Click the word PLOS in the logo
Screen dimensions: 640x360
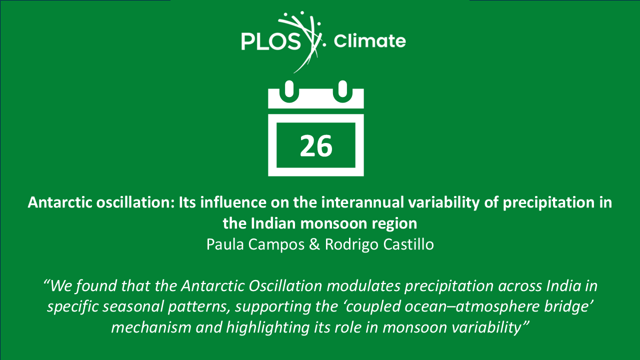coord(271,41)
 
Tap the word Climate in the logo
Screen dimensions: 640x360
coord(369,41)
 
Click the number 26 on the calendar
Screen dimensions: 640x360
coord(316,146)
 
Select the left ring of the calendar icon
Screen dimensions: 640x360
coord(289,91)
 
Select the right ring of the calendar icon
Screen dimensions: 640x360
coord(342,91)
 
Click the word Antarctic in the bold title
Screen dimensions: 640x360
coord(60,202)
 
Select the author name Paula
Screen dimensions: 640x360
coord(225,244)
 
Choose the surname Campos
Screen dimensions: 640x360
coord(276,245)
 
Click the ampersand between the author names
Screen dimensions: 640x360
coord(314,244)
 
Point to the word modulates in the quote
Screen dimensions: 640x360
coord(363,285)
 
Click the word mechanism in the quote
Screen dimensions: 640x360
coord(151,327)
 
